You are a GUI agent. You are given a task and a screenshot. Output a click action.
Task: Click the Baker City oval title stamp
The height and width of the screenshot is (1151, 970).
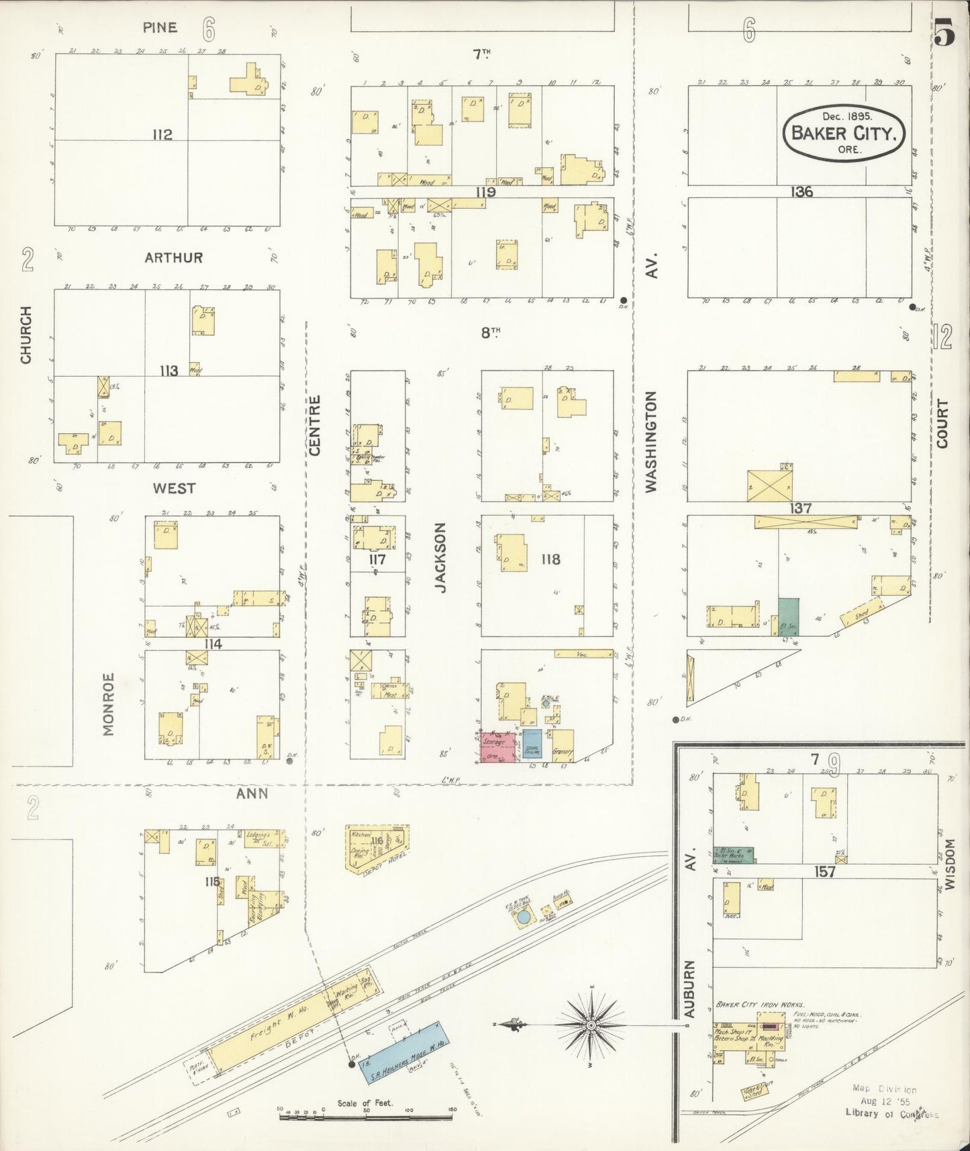pos(844,131)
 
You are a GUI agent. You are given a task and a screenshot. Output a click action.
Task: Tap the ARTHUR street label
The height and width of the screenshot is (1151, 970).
pos(173,258)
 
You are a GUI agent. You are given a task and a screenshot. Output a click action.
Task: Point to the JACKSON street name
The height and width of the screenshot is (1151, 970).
pos(440,558)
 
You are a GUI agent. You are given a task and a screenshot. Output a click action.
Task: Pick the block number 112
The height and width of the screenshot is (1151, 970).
pos(162,134)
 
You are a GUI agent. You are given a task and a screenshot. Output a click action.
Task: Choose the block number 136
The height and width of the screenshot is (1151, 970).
pos(801,192)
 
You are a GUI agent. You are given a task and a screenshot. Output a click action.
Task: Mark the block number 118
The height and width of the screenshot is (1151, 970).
pos(550,559)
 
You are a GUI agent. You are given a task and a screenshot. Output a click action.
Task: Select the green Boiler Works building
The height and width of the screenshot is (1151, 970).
pos(733,855)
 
